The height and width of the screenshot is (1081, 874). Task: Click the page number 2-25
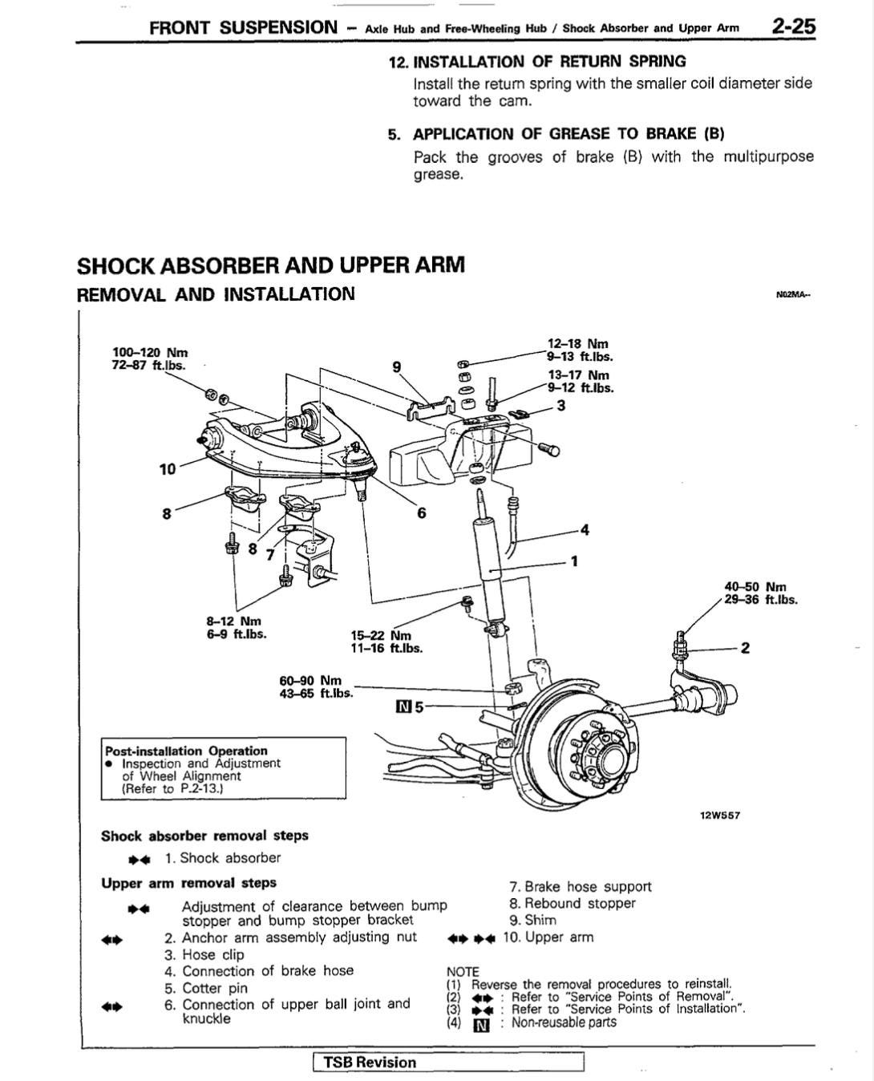click(793, 26)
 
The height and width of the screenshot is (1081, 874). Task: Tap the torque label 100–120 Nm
click(150, 352)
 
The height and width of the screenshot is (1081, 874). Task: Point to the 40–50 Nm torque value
click(755, 587)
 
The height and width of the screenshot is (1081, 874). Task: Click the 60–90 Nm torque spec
click(310, 680)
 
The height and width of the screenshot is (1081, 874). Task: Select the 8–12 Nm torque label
click(233, 621)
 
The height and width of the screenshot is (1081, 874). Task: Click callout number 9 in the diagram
click(397, 366)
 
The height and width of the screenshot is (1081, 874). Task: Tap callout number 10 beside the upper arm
click(168, 469)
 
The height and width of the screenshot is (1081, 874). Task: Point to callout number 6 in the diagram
click(422, 513)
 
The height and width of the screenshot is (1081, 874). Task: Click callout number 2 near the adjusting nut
click(745, 648)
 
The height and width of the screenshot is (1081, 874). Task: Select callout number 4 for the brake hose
click(585, 530)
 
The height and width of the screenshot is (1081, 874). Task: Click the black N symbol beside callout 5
click(403, 707)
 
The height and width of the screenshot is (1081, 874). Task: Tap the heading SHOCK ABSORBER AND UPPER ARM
click(271, 265)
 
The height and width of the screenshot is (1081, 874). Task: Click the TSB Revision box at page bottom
click(448, 1063)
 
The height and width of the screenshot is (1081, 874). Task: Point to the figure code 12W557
click(720, 816)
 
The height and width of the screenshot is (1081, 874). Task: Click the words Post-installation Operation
click(186, 751)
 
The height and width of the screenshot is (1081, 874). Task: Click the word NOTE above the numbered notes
click(463, 972)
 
